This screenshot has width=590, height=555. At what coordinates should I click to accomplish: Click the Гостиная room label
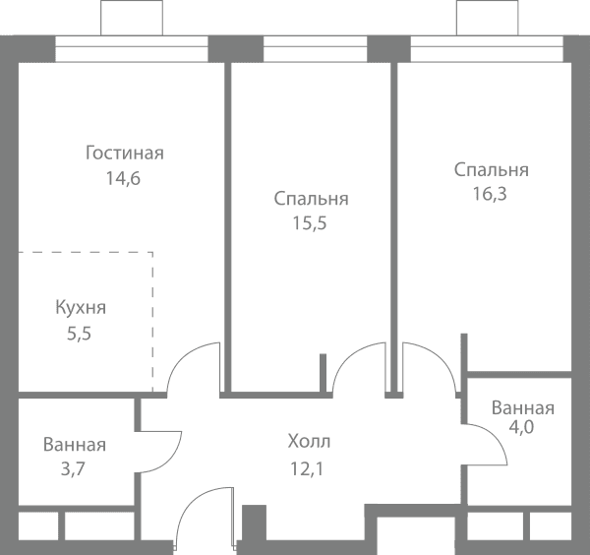[x=125, y=154]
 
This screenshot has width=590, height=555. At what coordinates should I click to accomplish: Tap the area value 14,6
[x=123, y=178]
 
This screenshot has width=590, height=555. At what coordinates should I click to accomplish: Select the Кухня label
[x=81, y=307]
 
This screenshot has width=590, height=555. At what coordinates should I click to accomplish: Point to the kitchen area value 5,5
[x=79, y=334]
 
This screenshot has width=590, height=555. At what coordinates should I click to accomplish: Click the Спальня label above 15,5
[x=311, y=199]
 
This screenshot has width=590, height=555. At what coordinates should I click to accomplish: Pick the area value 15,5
[x=310, y=223]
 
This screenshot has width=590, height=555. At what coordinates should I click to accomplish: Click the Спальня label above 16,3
[x=491, y=170]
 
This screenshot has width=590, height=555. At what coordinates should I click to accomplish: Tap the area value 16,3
[x=490, y=194]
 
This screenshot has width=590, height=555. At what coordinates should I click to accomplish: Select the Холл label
[x=309, y=441]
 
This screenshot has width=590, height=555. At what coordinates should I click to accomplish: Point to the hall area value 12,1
[x=307, y=469]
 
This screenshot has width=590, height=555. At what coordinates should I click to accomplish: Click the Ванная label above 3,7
[x=75, y=445]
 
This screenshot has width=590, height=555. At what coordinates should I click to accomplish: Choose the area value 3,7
[x=73, y=469]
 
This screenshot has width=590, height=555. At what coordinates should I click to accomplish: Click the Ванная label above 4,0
[x=523, y=408]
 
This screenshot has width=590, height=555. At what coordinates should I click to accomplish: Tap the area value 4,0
[x=521, y=427]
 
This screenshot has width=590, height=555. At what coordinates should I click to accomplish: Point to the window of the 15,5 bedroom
[x=315, y=48]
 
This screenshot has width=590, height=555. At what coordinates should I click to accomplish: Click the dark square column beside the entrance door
[x=254, y=523]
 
